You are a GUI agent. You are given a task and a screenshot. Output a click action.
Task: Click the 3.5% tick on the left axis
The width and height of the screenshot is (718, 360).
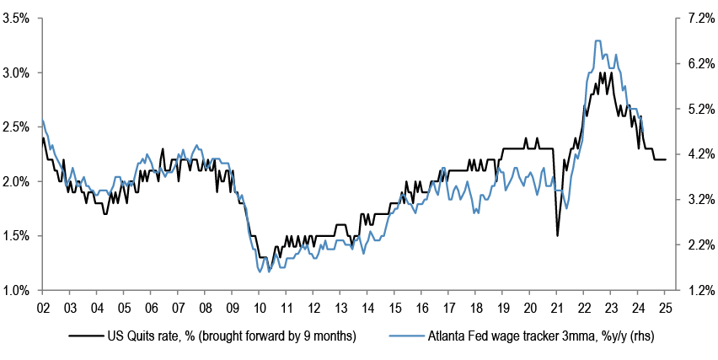(17, 18)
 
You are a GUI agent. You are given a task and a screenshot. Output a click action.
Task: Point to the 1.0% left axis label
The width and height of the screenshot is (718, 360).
(17, 290)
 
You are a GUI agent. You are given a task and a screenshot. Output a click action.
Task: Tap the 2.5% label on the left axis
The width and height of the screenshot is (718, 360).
(17, 126)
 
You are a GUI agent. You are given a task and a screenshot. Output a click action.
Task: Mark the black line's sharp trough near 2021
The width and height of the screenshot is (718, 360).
(557, 234)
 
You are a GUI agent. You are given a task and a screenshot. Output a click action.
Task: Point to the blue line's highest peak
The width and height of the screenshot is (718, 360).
(597, 40)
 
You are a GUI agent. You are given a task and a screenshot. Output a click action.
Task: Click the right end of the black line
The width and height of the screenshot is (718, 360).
(666, 159)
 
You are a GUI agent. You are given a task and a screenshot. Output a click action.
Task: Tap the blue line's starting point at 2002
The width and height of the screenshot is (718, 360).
(42, 120)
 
